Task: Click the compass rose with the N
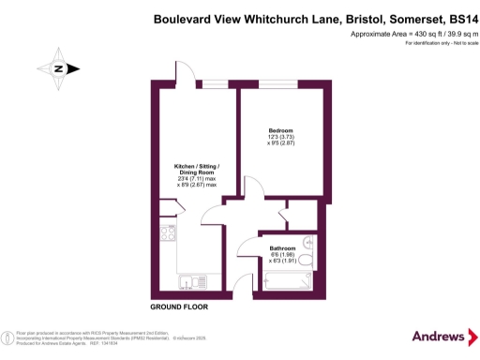click(x=58, y=68)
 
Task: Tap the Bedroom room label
click(x=281, y=129)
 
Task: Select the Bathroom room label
click(x=282, y=248)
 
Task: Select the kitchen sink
click(x=165, y=278)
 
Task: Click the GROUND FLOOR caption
click(x=178, y=307)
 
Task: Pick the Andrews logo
click(x=438, y=336)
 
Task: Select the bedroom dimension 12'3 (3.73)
click(x=281, y=137)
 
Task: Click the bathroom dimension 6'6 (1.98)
click(x=282, y=255)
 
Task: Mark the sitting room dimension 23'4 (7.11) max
click(x=197, y=179)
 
